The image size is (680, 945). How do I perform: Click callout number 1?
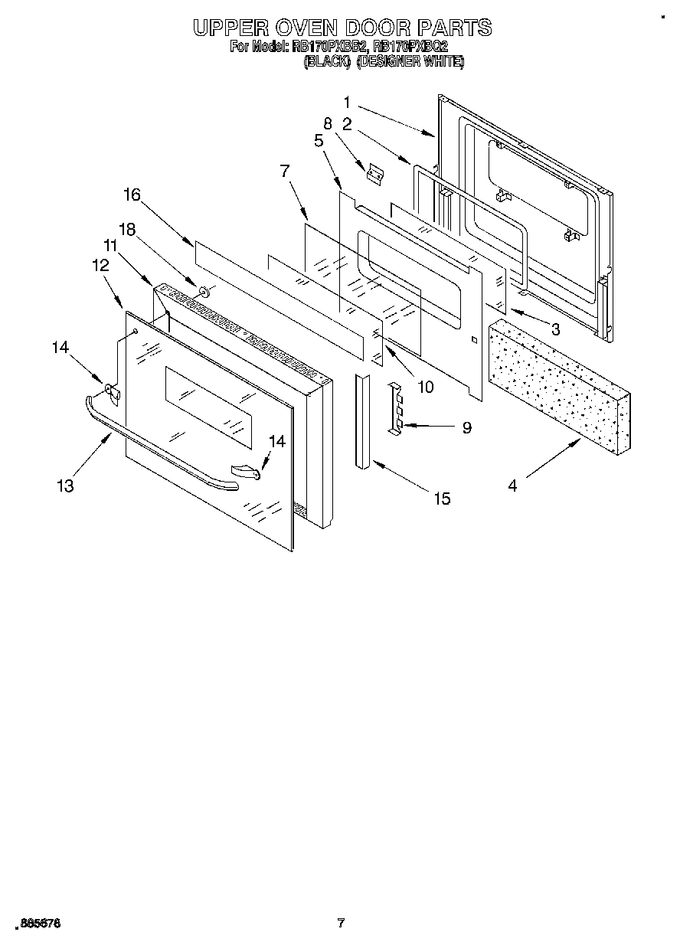pyautogui.click(x=347, y=102)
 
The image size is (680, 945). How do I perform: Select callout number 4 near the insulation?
pyautogui.click(x=512, y=486)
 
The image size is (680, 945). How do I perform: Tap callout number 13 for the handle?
pyautogui.click(x=66, y=486)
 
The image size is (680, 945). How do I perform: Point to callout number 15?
pyautogui.click(x=442, y=499)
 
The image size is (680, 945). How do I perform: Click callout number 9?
pyautogui.click(x=466, y=428)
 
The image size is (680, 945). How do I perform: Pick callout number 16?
pyautogui.click(x=132, y=195)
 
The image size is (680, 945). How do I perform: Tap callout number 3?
pyautogui.click(x=555, y=330)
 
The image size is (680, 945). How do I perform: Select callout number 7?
pyautogui.click(x=284, y=171)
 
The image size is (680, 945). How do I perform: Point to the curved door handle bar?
pyautogui.click(x=161, y=448)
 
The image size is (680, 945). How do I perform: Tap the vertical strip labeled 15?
pyautogui.click(x=361, y=421)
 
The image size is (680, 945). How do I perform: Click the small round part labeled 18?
pyautogui.click(x=204, y=291)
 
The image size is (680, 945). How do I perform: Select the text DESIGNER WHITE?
pyautogui.click(x=410, y=62)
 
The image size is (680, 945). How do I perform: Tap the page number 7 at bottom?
pyautogui.click(x=342, y=923)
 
